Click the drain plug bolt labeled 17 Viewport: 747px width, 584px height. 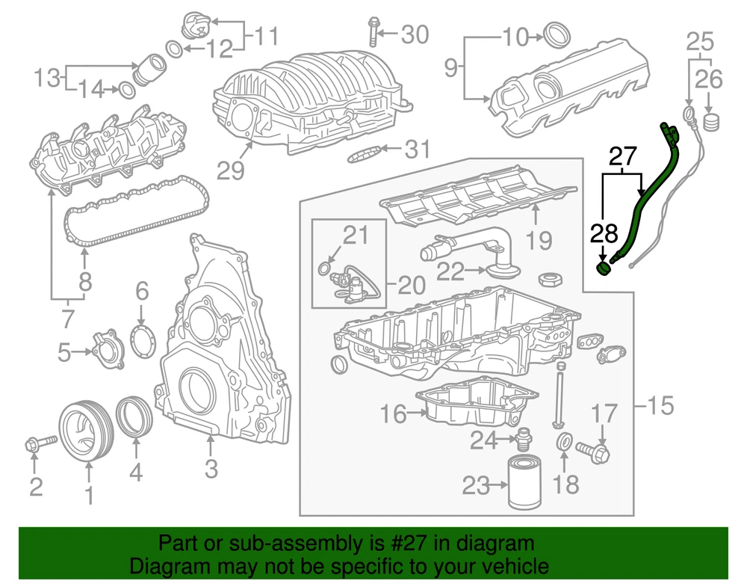point(593,450)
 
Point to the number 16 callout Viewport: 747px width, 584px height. point(394,414)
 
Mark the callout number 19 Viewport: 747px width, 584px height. point(539,240)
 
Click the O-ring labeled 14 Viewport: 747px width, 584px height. point(127,90)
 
